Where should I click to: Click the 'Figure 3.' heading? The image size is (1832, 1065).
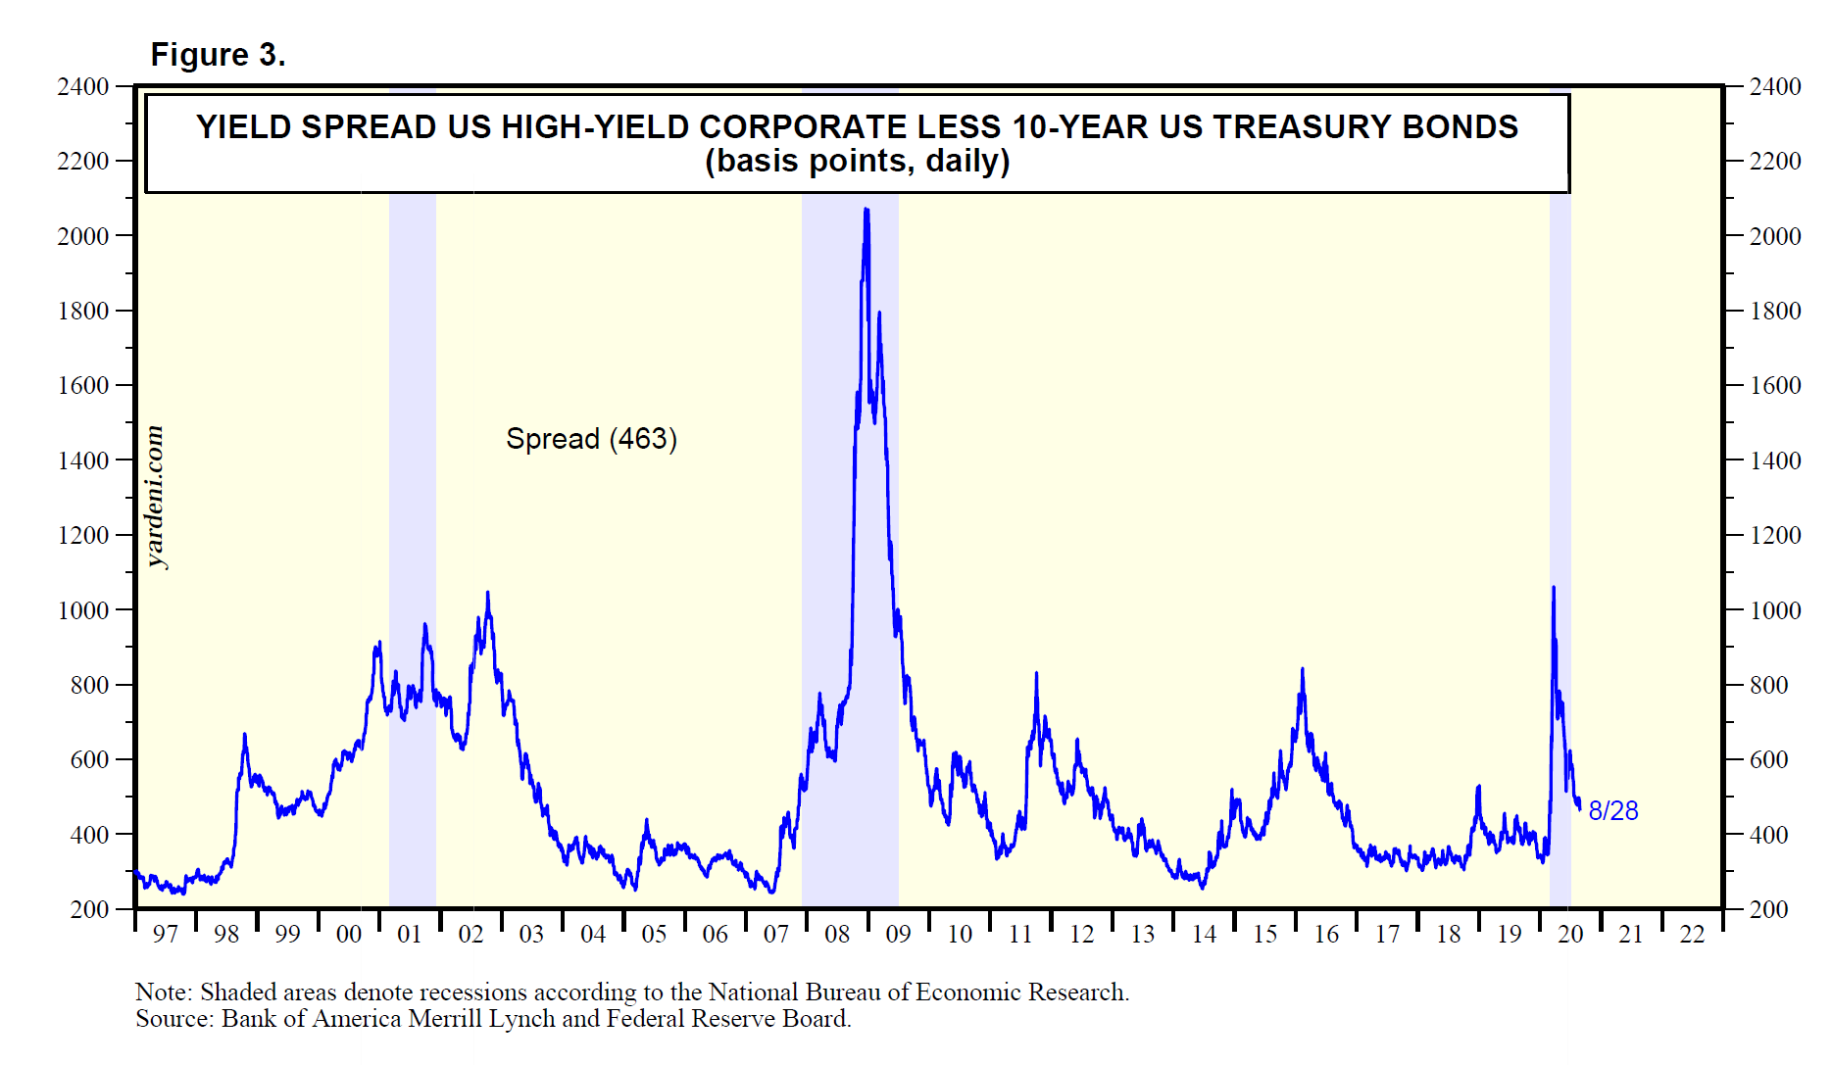(x=218, y=55)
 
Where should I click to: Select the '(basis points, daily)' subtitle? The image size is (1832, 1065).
(x=857, y=161)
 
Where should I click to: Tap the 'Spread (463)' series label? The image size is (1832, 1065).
(x=591, y=438)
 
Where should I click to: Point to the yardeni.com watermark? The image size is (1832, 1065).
(x=154, y=497)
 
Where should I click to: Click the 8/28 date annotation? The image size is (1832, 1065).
(x=1612, y=810)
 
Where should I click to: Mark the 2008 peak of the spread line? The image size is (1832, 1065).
(x=866, y=209)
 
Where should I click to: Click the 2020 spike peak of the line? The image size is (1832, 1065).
(x=1554, y=588)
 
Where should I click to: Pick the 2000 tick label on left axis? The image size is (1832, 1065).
(x=83, y=236)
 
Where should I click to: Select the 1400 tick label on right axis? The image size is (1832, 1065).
(x=1775, y=460)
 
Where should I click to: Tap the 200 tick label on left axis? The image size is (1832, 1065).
(x=89, y=909)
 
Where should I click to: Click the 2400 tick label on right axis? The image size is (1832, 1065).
(x=1775, y=86)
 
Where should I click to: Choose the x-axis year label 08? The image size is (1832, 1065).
(x=837, y=935)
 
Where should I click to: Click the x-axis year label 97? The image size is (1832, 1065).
(x=165, y=935)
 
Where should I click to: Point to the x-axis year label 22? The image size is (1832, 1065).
(x=1692, y=935)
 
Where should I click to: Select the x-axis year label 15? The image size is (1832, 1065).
(x=1264, y=935)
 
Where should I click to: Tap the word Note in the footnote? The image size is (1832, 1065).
(x=163, y=992)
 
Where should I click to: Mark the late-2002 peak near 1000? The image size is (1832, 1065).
(x=488, y=593)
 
